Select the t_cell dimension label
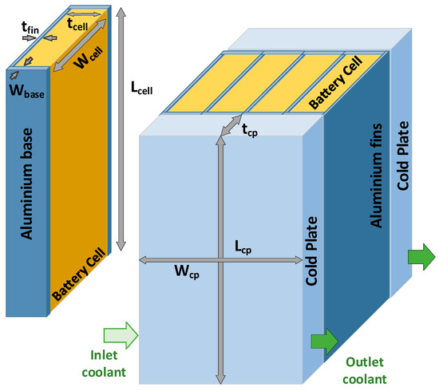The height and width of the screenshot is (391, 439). click(78, 26)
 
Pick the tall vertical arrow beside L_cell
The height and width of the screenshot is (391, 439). click(121, 128)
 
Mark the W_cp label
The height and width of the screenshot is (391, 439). click(184, 272)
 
